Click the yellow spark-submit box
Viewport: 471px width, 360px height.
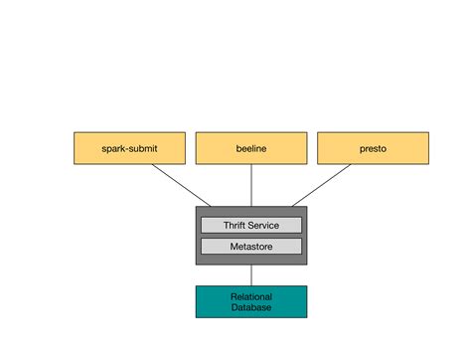pos(129,148)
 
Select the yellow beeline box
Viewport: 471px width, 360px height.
pos(250,148)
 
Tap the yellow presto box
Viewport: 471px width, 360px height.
pos(373,148)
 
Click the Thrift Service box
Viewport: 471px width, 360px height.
pos(250,226)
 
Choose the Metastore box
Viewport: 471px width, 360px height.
pos(250,246)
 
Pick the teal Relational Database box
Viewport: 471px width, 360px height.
pos(250,301)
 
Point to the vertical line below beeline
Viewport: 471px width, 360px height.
pos(250,185)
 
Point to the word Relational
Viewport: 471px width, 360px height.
pos(250,296)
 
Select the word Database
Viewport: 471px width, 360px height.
pos(250,308)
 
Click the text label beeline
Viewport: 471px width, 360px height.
pos(250,149)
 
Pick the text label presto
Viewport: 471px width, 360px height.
pos(373,149)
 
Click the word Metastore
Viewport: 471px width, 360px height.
pos(250,246)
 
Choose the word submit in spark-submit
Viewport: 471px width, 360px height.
pos(143,149)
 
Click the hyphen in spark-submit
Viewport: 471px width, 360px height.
pos(128,149)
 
